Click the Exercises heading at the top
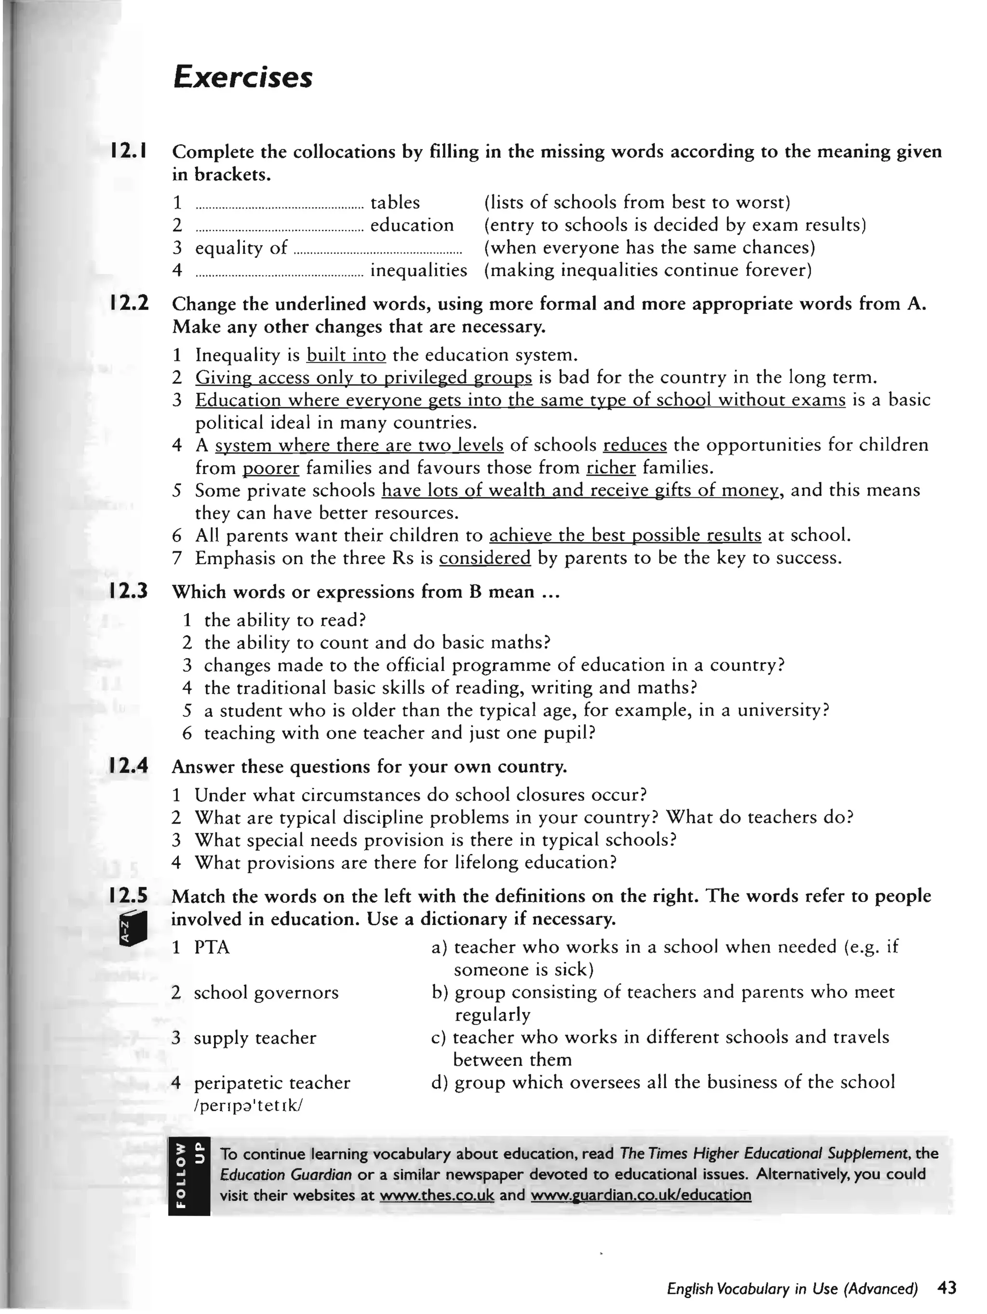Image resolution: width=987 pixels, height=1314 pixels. point(242,78)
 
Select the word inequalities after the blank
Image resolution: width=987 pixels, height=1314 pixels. point(418,270)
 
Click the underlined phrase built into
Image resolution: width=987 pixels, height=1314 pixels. point(346,355)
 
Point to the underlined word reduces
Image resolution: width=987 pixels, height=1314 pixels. point(635,446)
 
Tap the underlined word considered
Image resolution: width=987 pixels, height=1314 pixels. point(485,558)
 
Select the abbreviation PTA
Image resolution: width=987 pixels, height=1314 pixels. point(212,947)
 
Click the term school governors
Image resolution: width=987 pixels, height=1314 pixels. point(266,993)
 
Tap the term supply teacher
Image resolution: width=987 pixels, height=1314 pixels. point(255,1038)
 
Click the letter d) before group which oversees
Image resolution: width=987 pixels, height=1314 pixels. point(439,1082)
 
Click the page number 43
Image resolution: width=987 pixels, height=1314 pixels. point(947,1288)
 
